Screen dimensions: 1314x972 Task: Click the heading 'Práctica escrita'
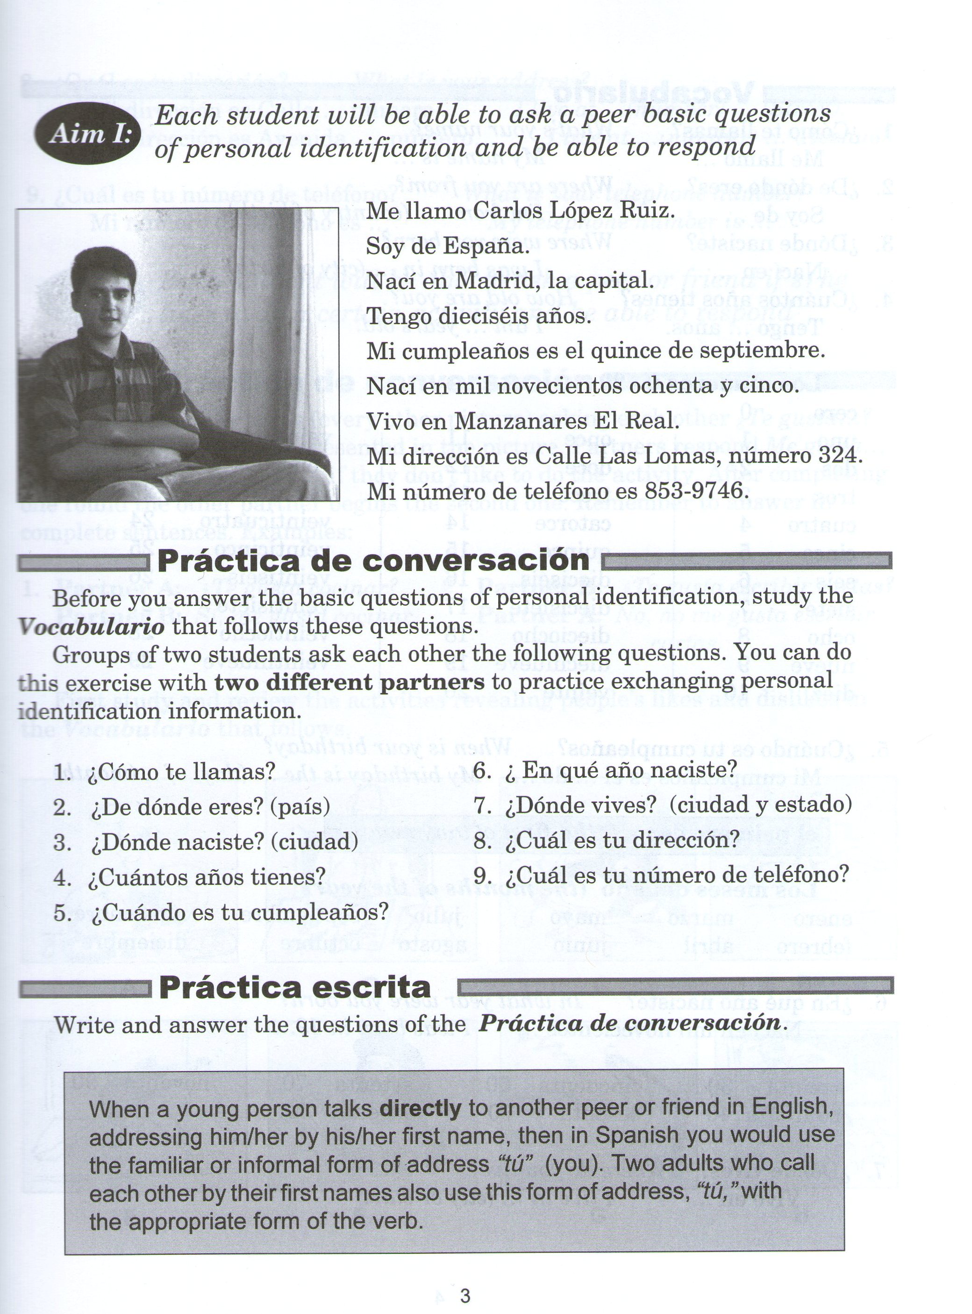(x=295, y=987)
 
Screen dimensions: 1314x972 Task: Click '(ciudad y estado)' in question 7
(x=760, y=805)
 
